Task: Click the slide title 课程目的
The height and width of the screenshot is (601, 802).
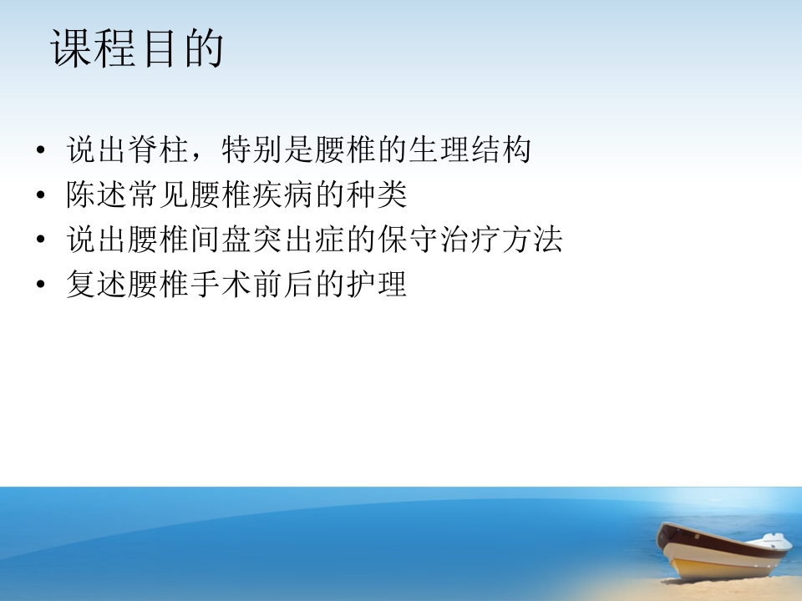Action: pos(138,49)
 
